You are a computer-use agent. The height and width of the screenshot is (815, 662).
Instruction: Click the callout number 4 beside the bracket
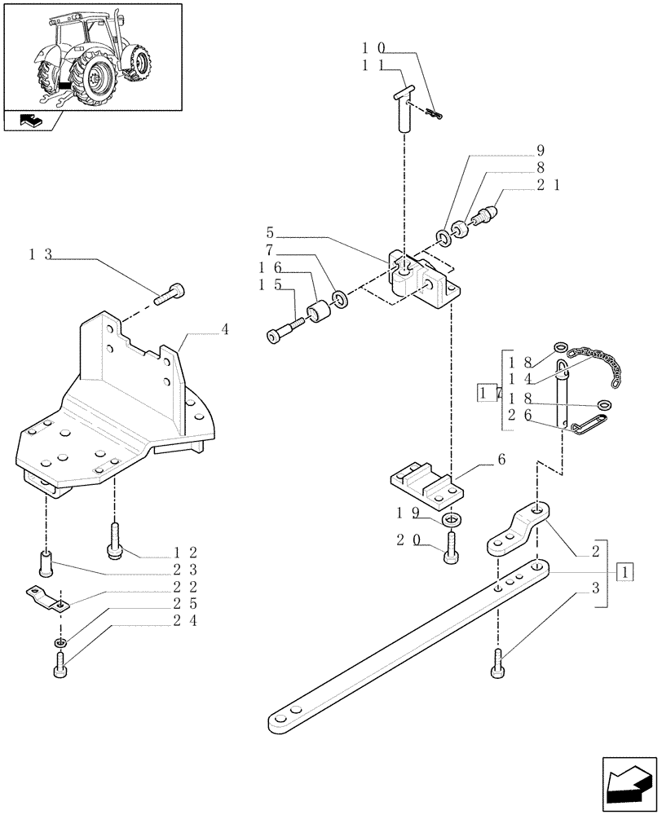[x=224, y=330]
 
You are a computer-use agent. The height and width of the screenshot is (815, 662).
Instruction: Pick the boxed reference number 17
[x=486, y=394]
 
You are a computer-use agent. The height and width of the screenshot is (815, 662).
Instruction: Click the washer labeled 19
[x=449, y=521]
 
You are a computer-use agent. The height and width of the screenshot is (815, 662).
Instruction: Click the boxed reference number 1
[x=624, y=573]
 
